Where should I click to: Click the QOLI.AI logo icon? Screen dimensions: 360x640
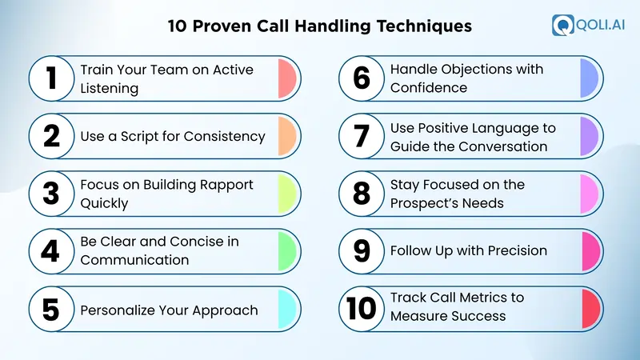(562, 25)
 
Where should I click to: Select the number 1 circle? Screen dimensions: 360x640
(51, 78)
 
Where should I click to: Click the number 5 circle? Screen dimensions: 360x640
(51, 310)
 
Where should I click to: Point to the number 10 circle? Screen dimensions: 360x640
(362, 307)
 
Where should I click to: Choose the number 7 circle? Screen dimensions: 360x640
(362, 137)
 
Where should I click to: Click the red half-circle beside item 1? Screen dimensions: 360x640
(287, 78)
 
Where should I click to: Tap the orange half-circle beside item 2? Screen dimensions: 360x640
(287, 137)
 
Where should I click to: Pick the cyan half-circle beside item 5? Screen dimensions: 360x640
(287, 310)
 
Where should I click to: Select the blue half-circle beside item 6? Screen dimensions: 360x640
(590, 78)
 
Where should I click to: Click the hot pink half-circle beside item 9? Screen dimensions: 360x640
(590, 250)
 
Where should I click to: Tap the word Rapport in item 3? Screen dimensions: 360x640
(223, 185)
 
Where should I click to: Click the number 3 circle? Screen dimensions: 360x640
(51, 194)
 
